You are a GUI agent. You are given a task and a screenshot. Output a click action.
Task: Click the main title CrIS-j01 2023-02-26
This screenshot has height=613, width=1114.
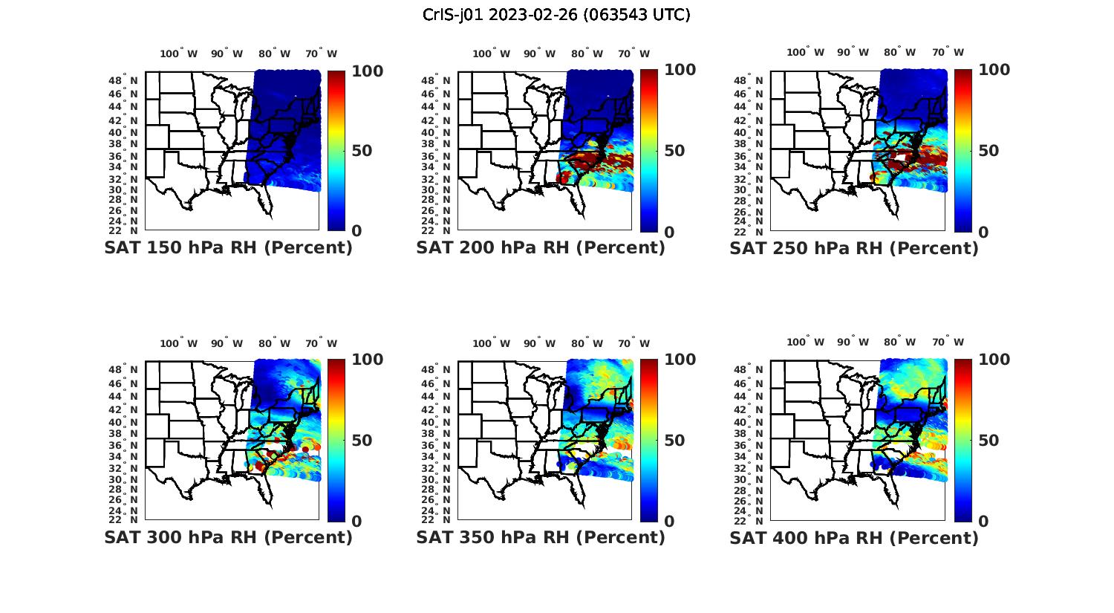click(556, 15)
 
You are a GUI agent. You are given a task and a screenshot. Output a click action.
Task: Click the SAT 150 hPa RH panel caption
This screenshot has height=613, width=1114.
click(228, 248)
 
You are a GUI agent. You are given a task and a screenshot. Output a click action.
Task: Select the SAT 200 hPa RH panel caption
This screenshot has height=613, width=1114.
click(541, 248)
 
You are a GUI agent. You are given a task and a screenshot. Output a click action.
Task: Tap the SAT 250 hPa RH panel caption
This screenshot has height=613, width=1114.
click(854, 248)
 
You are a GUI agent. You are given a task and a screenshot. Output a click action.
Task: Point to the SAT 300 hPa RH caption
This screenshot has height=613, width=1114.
click(228, 537)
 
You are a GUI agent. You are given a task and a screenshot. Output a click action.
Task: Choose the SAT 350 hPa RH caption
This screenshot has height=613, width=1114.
click(541, 537)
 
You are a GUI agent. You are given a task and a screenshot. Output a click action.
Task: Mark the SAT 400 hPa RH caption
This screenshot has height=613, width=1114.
click(854, 537)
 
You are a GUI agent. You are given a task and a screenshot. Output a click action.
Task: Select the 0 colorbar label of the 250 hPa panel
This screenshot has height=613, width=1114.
click(983, 232)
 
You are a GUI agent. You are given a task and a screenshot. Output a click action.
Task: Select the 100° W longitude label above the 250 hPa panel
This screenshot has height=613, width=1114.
click(805, 52)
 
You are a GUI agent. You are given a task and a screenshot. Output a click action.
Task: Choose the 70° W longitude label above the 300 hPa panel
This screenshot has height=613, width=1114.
click(321, 343)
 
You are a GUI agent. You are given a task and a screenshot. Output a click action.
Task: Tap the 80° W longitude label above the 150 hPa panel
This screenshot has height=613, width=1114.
click(275, 53)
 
